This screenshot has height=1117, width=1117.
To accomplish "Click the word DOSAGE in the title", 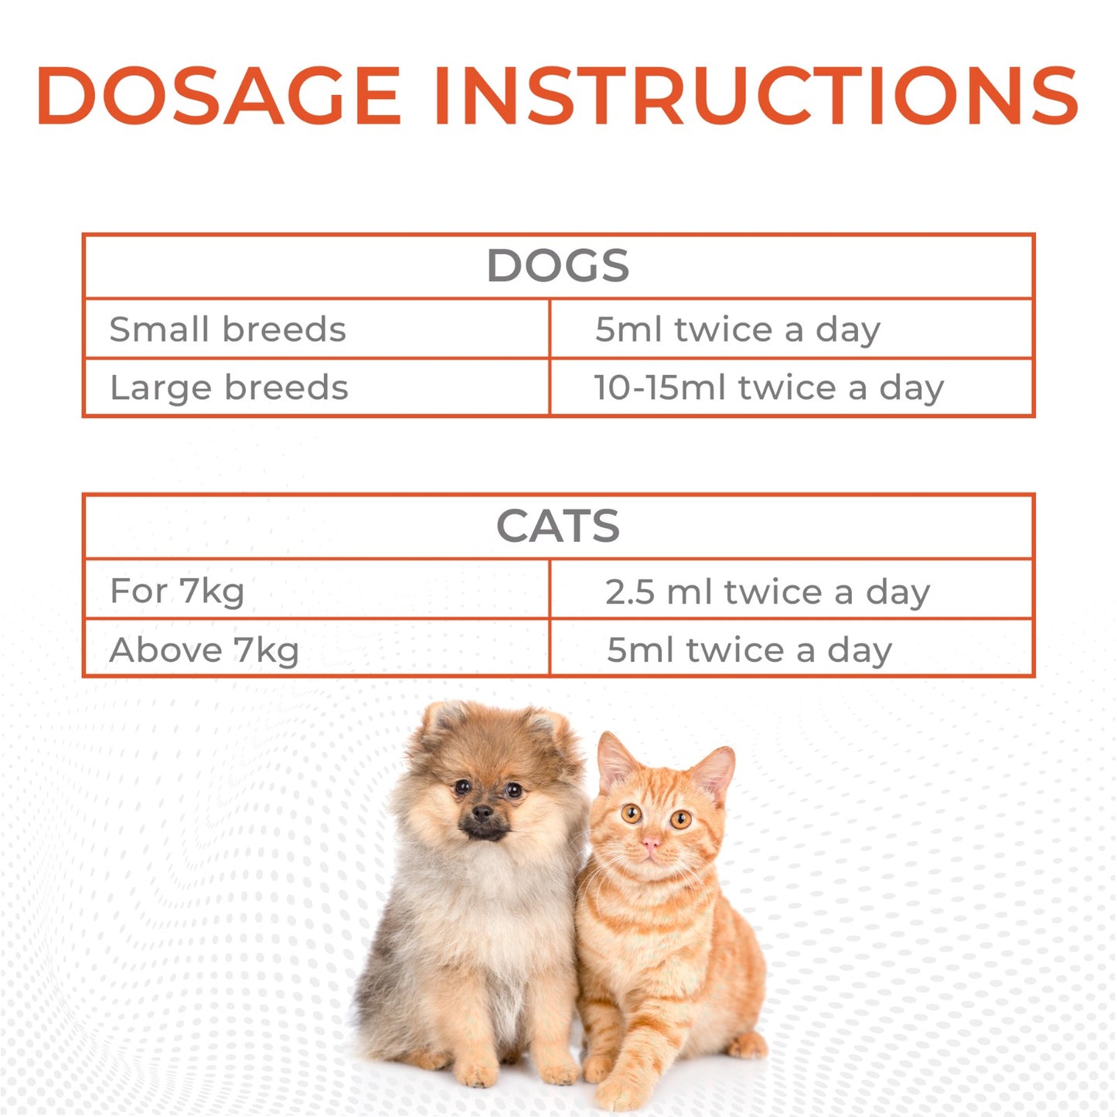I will pos(218,96).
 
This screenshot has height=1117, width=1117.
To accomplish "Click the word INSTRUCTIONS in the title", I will pos(755,96).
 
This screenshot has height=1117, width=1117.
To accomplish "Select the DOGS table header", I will pos(557,266).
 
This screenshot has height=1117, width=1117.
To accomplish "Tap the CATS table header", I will pos(557,526).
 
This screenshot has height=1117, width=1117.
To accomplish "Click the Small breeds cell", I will pos(227,329).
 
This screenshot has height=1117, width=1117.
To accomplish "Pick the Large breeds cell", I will pos(229,387).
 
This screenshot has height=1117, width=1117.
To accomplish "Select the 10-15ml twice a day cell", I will pos(768,387).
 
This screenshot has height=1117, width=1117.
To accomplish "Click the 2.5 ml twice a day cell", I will pos(767,592).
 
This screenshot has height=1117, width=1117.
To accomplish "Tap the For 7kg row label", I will pos(177,591).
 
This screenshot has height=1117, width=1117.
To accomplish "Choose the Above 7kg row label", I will pos(204,650).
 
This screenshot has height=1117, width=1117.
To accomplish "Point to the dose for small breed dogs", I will pos(737,329).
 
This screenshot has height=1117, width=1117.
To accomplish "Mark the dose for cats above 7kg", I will pos(749,650).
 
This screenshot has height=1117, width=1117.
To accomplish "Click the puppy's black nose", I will pos(482,812).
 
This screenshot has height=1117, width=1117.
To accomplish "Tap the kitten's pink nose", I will pos(651,843).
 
